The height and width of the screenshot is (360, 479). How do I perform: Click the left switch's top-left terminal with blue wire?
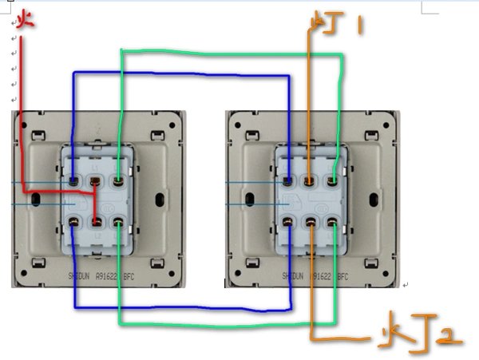click(73, 182)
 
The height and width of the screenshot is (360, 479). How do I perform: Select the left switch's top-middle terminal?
click(95, 182)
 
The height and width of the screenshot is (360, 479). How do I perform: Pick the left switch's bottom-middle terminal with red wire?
click(95, 224)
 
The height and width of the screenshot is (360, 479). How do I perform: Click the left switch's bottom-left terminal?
click(73, 224)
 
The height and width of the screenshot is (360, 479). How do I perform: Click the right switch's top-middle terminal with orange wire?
click(309, 182)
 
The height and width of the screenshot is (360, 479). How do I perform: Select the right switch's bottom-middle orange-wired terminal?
click(309, 224)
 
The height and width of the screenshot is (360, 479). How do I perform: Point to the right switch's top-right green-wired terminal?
click(331, 182)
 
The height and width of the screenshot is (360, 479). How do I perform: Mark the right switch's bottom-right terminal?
click(331, 224)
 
